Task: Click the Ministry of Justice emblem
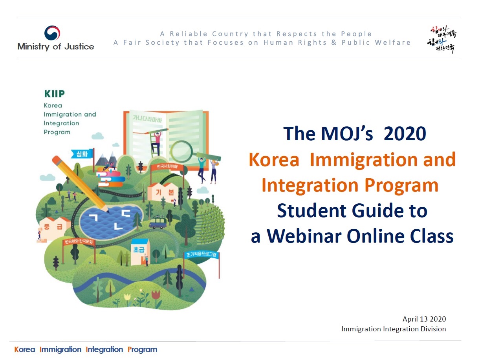tap(52, 33)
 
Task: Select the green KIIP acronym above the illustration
tap(54, 94)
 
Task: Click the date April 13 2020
tap(424, 319)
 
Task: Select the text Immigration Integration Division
tap(393, 329)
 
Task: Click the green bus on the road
tap(158, 223)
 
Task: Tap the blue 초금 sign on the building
tap(140, 249)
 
